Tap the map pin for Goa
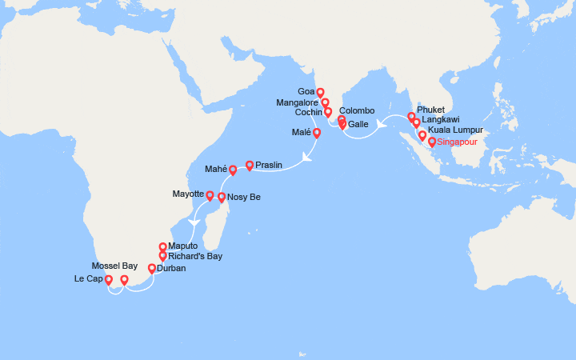tap(320, 92)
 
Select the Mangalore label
tap(297, 102)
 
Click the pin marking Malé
tap(317, 133)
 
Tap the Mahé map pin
tap(233, 170)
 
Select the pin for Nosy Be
tap(222, 195)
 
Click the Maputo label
tap(184, 246)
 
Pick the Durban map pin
tap(152, 268)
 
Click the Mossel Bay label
tap(114, 265)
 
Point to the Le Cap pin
tap(109, 280)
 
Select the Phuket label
tap(430, 110)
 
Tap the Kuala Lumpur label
tap(457, 130)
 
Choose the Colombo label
tap(357, 111)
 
